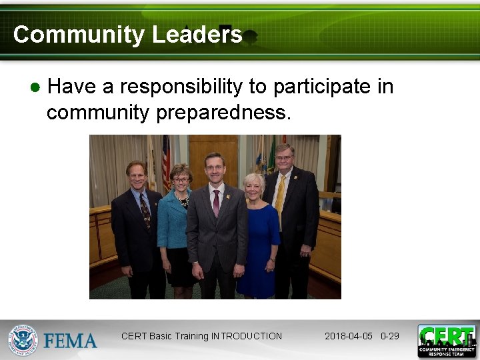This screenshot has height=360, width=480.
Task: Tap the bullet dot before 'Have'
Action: coord(35,87)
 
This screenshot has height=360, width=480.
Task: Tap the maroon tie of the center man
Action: coord(216,203)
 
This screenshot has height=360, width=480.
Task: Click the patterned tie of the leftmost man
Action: coord(145,209)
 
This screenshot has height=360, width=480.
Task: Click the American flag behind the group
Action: coord(166,160)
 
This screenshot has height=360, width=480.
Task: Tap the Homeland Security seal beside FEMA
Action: coord(23,340)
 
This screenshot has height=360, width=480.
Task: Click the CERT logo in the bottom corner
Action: coord(447,341)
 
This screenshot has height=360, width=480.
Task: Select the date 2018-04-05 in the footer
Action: coord(349,336)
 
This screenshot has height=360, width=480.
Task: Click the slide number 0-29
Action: coord(390,336)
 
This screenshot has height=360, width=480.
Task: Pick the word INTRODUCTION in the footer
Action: coord(247,336)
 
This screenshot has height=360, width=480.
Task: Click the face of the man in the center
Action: coord(214,171)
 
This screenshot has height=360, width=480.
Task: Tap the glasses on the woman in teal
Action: coord(181,179)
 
